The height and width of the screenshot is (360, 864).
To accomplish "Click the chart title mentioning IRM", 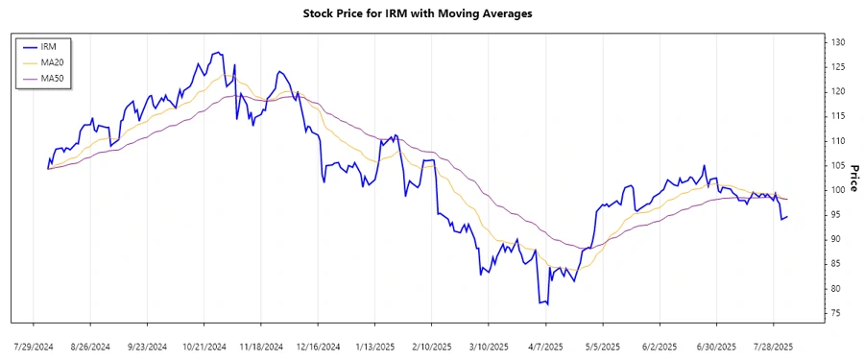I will point(431,13).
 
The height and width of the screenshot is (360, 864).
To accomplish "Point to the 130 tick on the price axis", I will point(837,42).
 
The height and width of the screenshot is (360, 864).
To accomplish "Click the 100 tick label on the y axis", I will point(837,190).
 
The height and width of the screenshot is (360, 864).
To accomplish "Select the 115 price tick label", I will point(837,116).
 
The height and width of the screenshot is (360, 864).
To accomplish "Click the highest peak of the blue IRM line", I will point(219,52).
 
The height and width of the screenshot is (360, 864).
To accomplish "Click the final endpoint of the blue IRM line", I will point(788,216).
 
